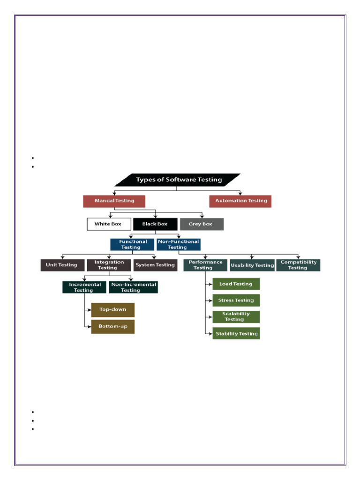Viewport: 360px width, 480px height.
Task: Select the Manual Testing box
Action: [x=114, y=201]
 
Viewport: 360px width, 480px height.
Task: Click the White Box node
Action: [x=108, y=224]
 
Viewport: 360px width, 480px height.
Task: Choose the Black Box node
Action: [x=155, y=224]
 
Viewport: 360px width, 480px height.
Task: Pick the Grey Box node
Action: [x=201, y=224]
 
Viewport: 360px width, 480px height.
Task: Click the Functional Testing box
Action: [x=132, y=245]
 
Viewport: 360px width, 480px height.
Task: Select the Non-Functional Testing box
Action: [x=178, y=245]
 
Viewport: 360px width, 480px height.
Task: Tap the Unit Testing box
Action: [x=62, y=265]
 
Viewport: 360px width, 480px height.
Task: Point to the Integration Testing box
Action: [x=109, y=265]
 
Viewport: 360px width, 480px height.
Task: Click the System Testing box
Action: [x=155, y=265]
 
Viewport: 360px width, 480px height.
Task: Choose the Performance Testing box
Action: [x=205, y=265]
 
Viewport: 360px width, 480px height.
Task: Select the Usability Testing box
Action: [x=252, y=265]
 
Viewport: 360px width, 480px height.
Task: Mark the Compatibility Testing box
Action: [x=298, y=265]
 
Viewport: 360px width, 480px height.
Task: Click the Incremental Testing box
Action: [x=84, y=287]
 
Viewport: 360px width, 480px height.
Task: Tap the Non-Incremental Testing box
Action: [x=133, y=287]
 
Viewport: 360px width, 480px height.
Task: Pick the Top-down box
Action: [x=112, y=310]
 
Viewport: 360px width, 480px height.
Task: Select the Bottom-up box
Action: [x=112, y=326]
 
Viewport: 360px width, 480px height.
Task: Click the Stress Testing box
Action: [x=236, y=300]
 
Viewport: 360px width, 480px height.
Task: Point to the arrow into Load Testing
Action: [x=209, y=284]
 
